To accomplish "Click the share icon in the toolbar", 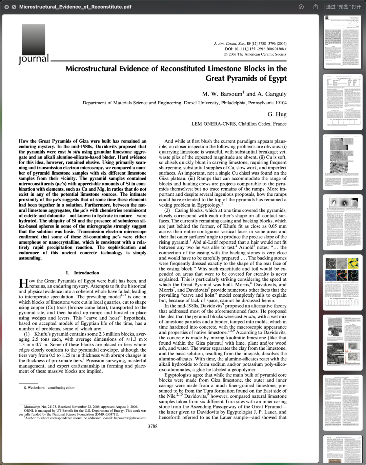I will click(x=316, y=7).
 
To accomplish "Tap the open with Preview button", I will click(x=343, y=7).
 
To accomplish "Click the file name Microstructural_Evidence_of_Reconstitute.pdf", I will click(x=75, y=7).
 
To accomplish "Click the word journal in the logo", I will click(x=34, y=59).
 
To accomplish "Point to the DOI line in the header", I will click(x=256, y=49).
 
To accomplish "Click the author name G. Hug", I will click(x=277, y=114).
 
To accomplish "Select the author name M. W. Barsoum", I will click(x=222, y=94).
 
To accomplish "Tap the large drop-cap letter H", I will click(x=23, y=283).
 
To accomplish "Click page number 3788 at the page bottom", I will click(x=152, y=426).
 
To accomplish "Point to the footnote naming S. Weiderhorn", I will click(x=49, y=388).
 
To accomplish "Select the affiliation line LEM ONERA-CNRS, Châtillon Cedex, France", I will click(x=239, y=124).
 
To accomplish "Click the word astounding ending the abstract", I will click(x=30, y=258).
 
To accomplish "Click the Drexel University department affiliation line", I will click(x=184, y=103).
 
